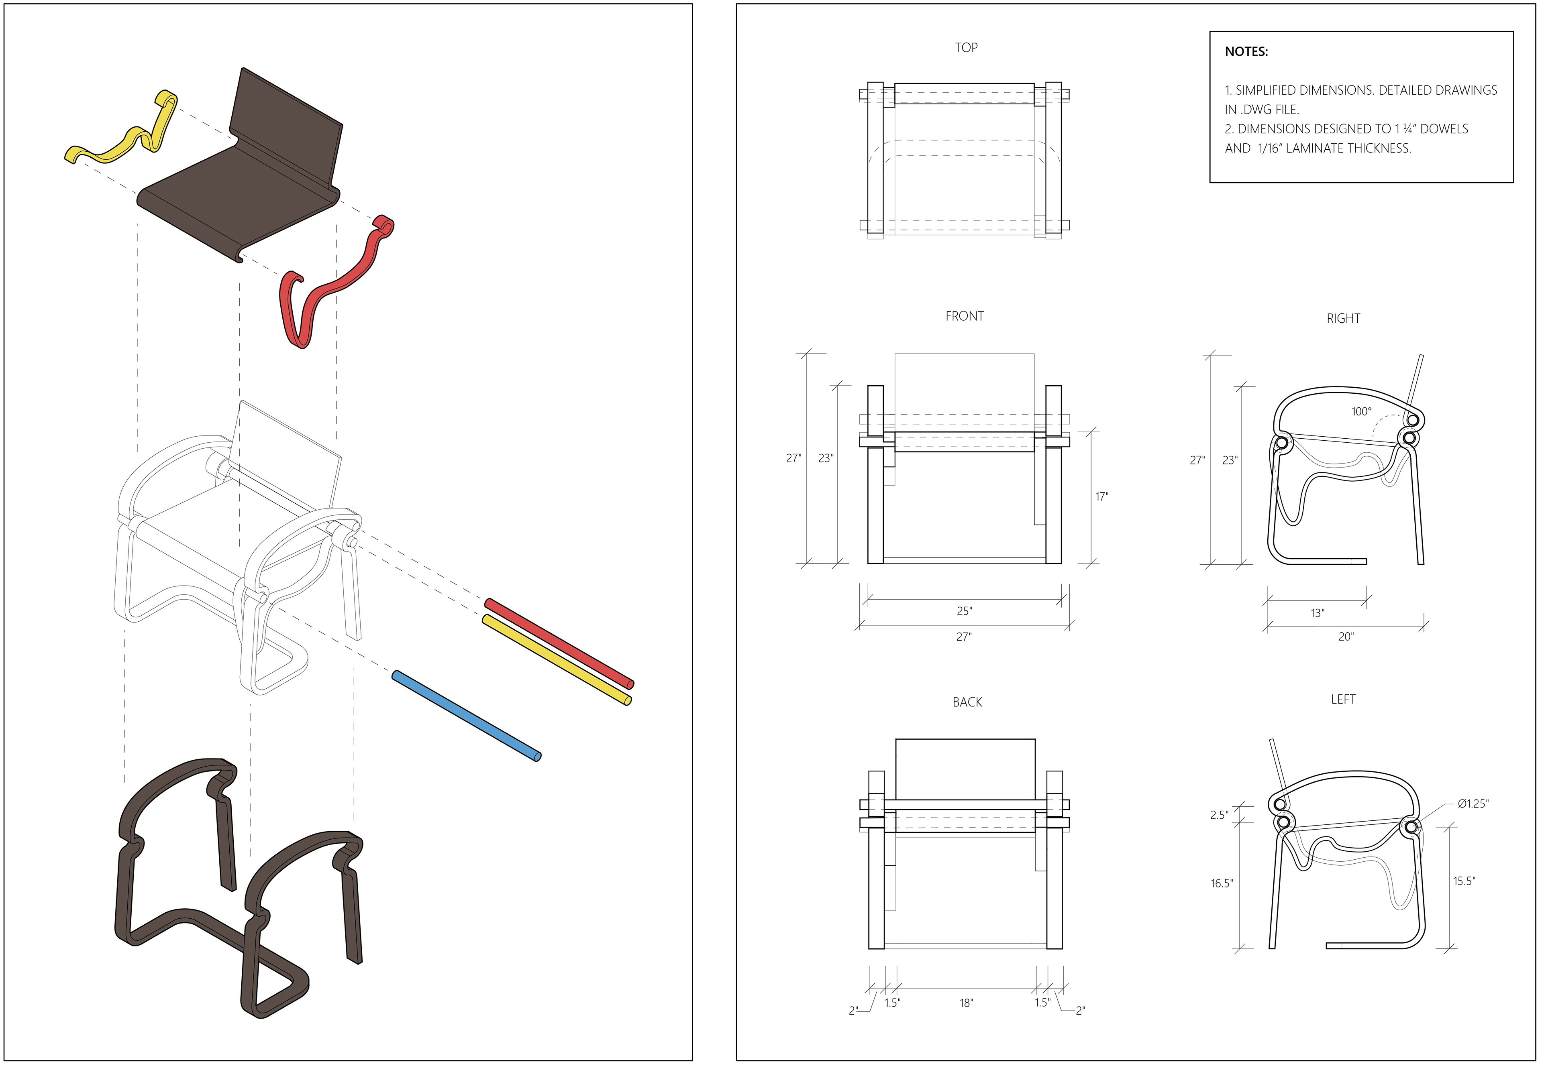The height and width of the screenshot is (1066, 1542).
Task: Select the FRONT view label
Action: tap(964, 316)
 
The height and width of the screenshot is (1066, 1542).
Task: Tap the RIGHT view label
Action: tap(1343, 319)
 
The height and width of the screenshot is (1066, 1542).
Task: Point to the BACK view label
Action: tap(967, 702)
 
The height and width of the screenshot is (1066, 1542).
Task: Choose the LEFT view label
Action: tap(1343, 699)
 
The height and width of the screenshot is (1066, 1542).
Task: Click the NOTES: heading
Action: tap(1246, 51)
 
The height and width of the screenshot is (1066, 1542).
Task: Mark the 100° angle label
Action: tap(1361, 411)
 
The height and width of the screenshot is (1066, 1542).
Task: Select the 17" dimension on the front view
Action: tap(1101, 496)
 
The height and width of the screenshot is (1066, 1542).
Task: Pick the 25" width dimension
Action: tap(964, 610)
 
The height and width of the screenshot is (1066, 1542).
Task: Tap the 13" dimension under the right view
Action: tap(1317, 612)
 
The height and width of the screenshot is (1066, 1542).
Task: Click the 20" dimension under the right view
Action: tap(1346, 637)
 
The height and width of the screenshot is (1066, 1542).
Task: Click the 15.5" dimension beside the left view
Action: tap(1464, 881)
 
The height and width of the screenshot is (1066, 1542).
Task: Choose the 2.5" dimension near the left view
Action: tap(1219, 815)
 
